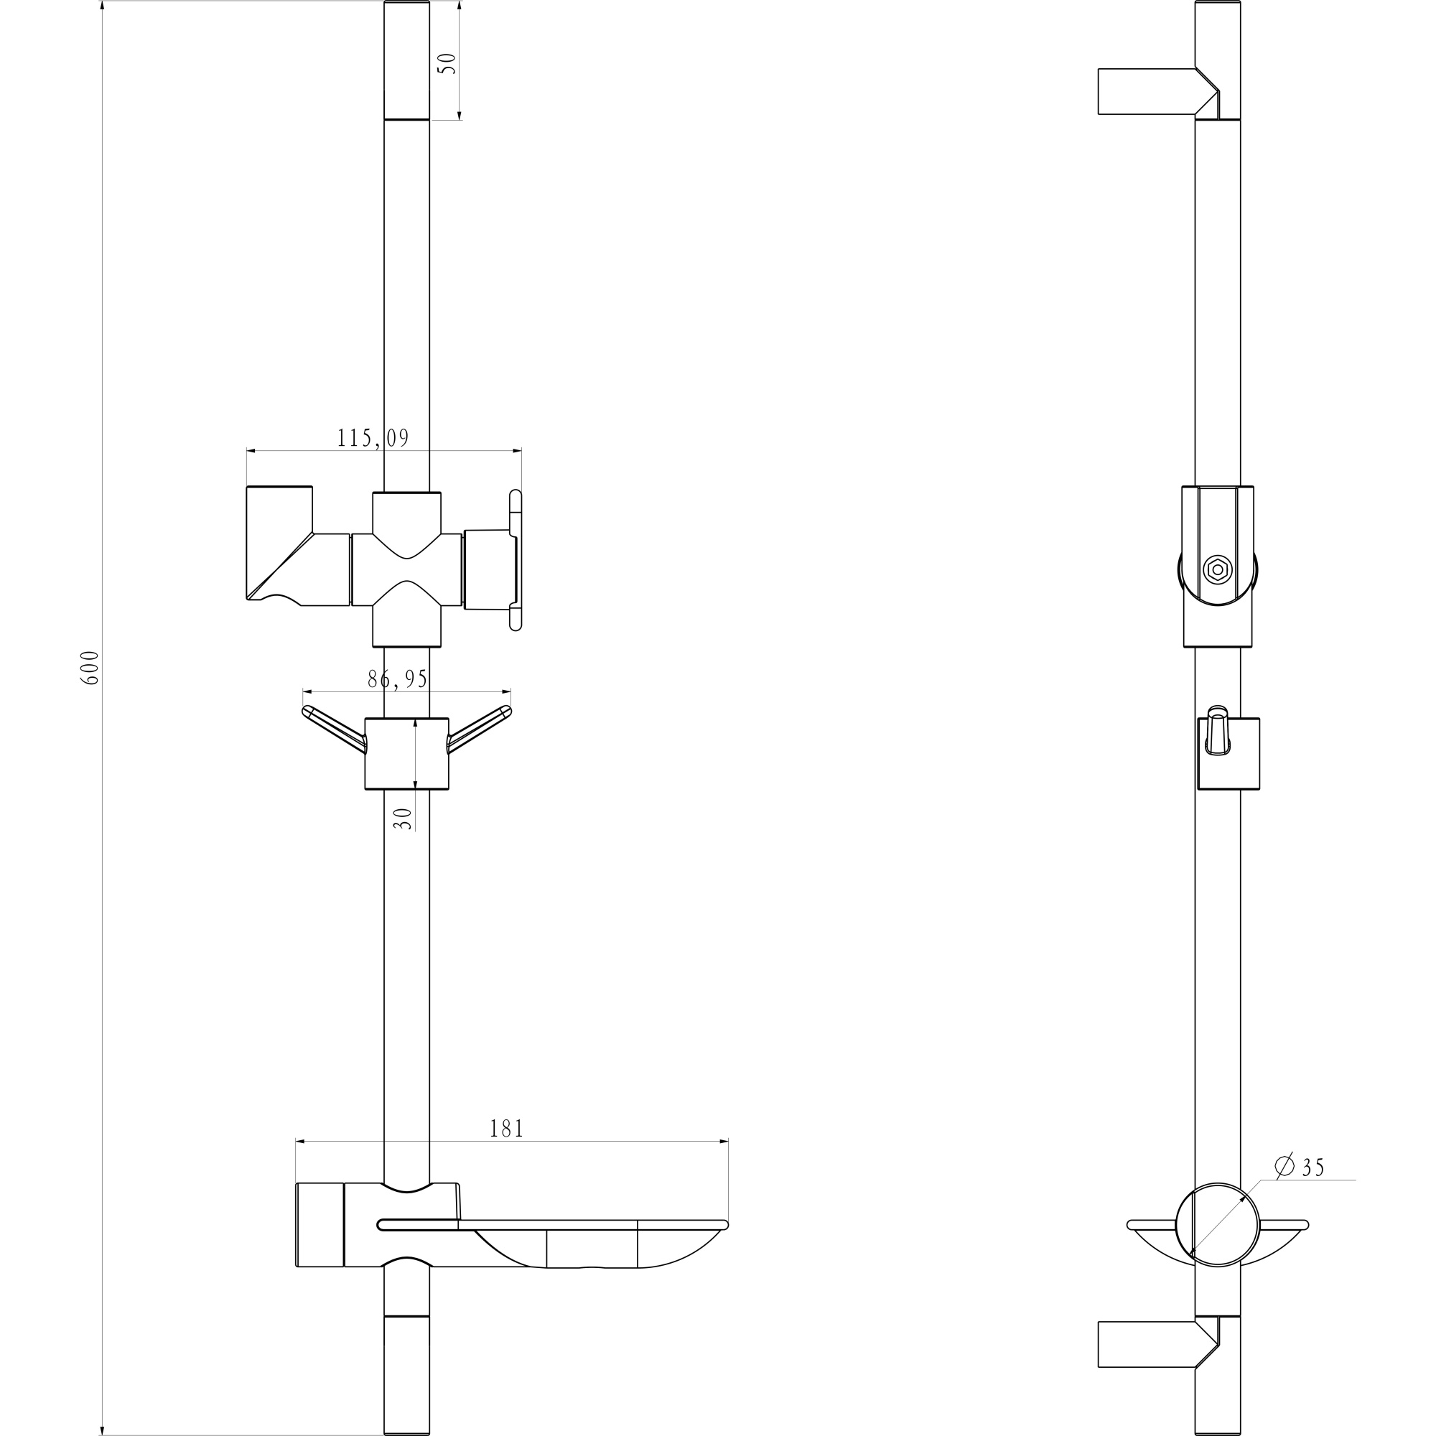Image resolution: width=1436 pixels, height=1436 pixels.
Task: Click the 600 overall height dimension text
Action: tap(90, 668)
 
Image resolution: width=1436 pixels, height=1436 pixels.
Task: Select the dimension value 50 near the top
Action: tap(448, 63)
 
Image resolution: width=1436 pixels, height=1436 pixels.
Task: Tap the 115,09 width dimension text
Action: tap(373, 439)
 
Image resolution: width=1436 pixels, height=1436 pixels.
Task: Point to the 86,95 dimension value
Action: tap(398, 679)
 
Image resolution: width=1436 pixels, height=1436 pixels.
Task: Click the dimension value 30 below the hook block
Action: tap(402, 819)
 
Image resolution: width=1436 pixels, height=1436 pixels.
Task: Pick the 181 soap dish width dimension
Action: tap(507, 1150)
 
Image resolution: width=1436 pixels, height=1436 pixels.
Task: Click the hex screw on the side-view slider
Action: tap(1218, 569)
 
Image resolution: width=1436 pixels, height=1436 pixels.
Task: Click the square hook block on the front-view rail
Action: tap(406, 754)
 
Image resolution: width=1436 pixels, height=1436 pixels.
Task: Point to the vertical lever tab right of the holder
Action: tap(516, 560)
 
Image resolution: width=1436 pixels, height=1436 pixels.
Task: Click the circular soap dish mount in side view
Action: tap(1218, 1234)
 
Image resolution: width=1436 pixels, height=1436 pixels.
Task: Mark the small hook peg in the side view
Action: tap(1217, 732)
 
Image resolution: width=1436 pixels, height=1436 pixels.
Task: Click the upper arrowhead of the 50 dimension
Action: tap(460, 6)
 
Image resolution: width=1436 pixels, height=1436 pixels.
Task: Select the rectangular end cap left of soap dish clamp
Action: tap(320, 1234)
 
